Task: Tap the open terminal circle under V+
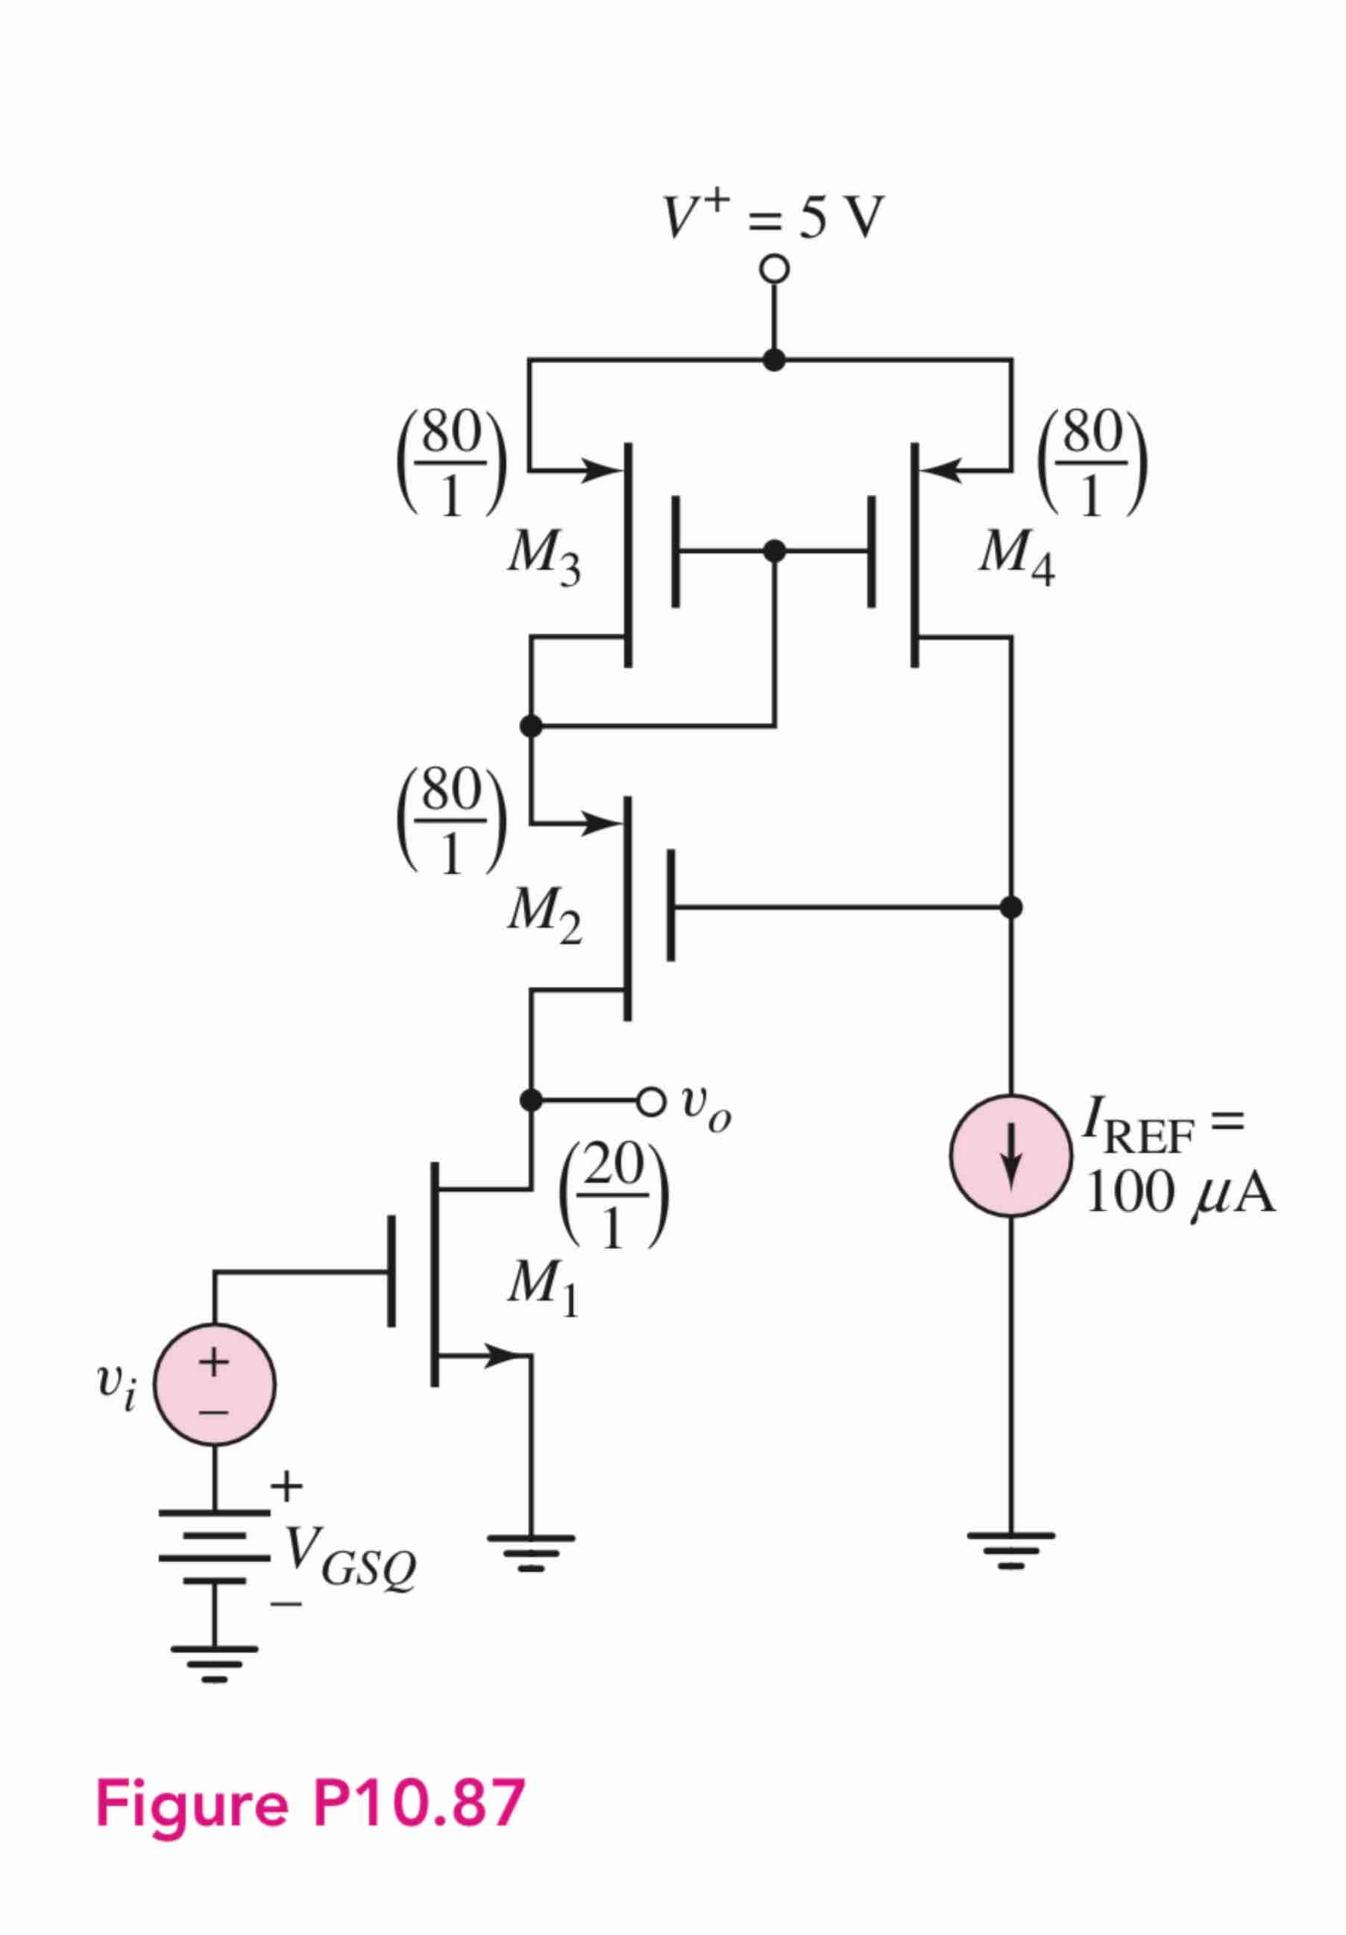[x=774, y=271]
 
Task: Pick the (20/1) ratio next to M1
[x=614, y=1198]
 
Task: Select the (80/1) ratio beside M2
[x=452, y=820]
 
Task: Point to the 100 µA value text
[x=1180, y=1193]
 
